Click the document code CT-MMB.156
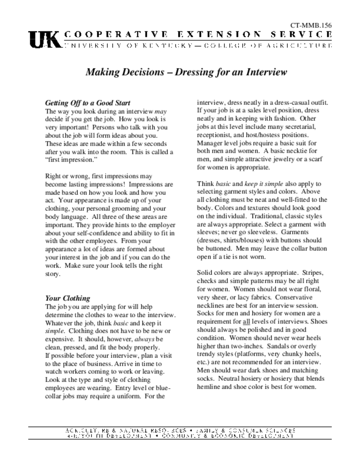pyautogui.click(x=311, y=25)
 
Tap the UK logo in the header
pyautogui.click(x=45, y=40)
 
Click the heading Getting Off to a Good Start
pyautogui.click(x=88, y=103)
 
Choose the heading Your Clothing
pyautogui.click(x=67, y=299)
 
